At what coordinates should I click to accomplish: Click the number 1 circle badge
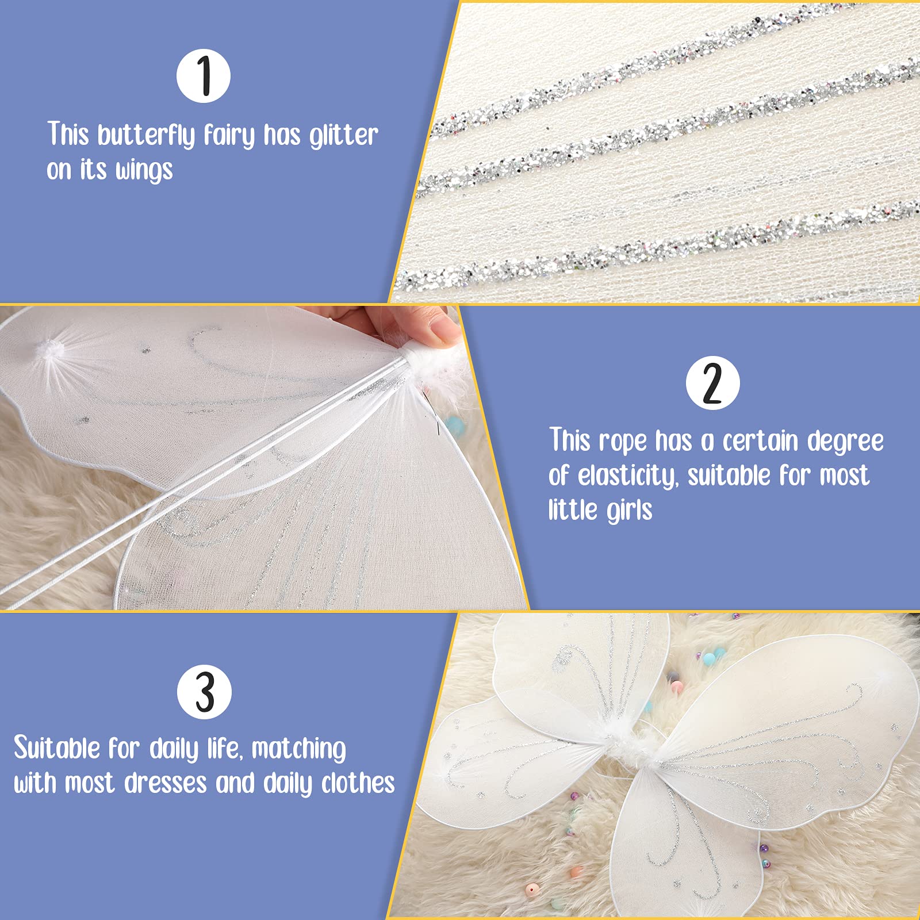click(x=204, y=76)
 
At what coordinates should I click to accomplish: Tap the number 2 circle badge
click(x=712, y=383)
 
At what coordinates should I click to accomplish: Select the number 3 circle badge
click(x=204, y=692)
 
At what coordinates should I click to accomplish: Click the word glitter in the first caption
click(x=344, y=136)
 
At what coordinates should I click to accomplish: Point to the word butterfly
click(x=147, y=136)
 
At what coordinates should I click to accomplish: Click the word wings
click(x=144, y=171)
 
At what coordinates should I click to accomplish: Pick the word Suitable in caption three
click(x=57, y=748)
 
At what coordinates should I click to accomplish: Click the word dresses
click(x=166, y=783)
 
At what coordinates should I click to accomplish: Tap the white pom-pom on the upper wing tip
click(x=49, y=349)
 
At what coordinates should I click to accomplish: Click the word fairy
click(x=229, y=136)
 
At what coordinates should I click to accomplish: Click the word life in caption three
click(x=223, y=748)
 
